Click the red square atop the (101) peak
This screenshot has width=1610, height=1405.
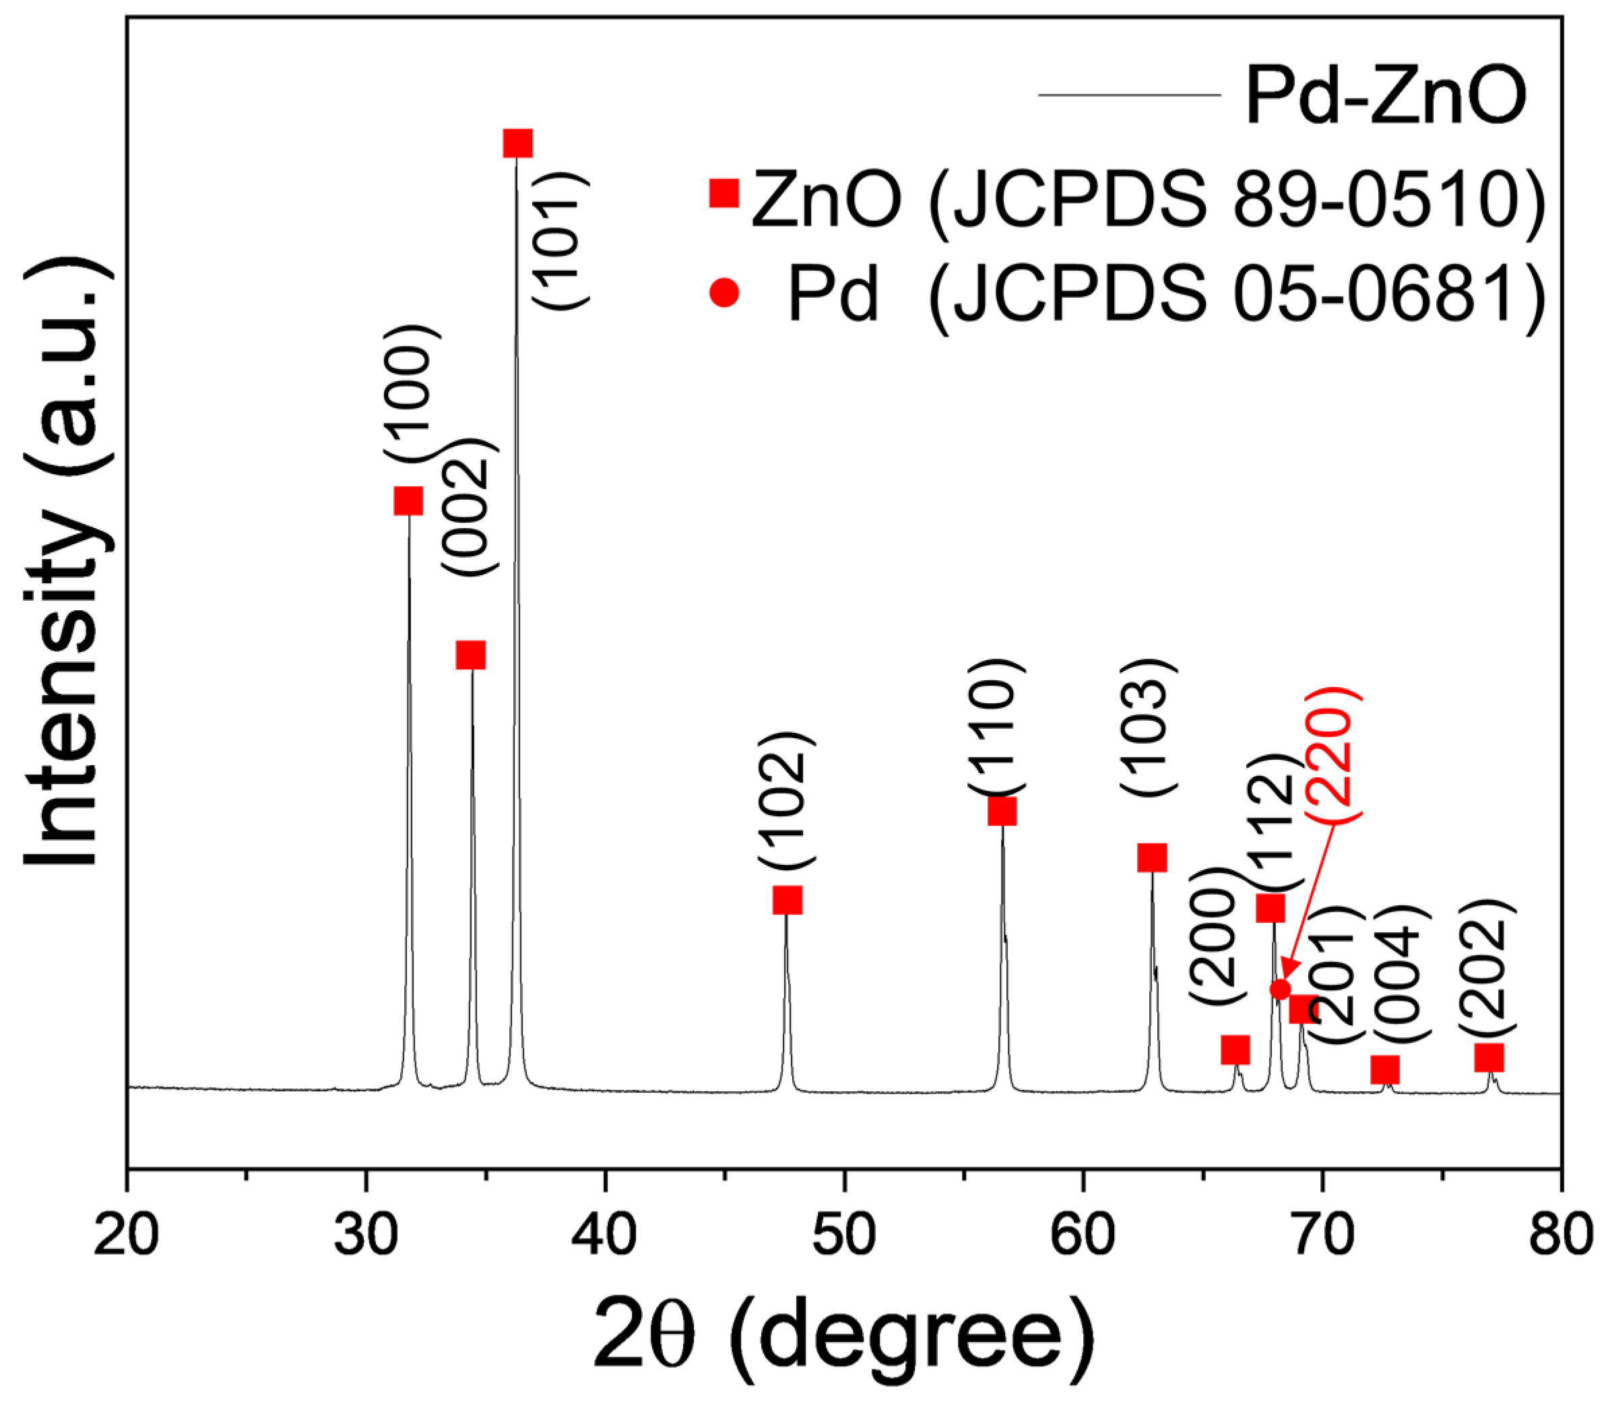517,143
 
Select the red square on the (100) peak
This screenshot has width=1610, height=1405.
408,500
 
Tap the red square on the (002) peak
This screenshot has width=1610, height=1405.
470,655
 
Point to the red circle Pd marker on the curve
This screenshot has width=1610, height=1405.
1280,989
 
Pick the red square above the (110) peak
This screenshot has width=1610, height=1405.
1002,812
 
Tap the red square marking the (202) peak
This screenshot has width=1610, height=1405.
1489,1057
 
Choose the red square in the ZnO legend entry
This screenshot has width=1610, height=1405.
724,193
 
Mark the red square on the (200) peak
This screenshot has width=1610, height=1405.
1235,1049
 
